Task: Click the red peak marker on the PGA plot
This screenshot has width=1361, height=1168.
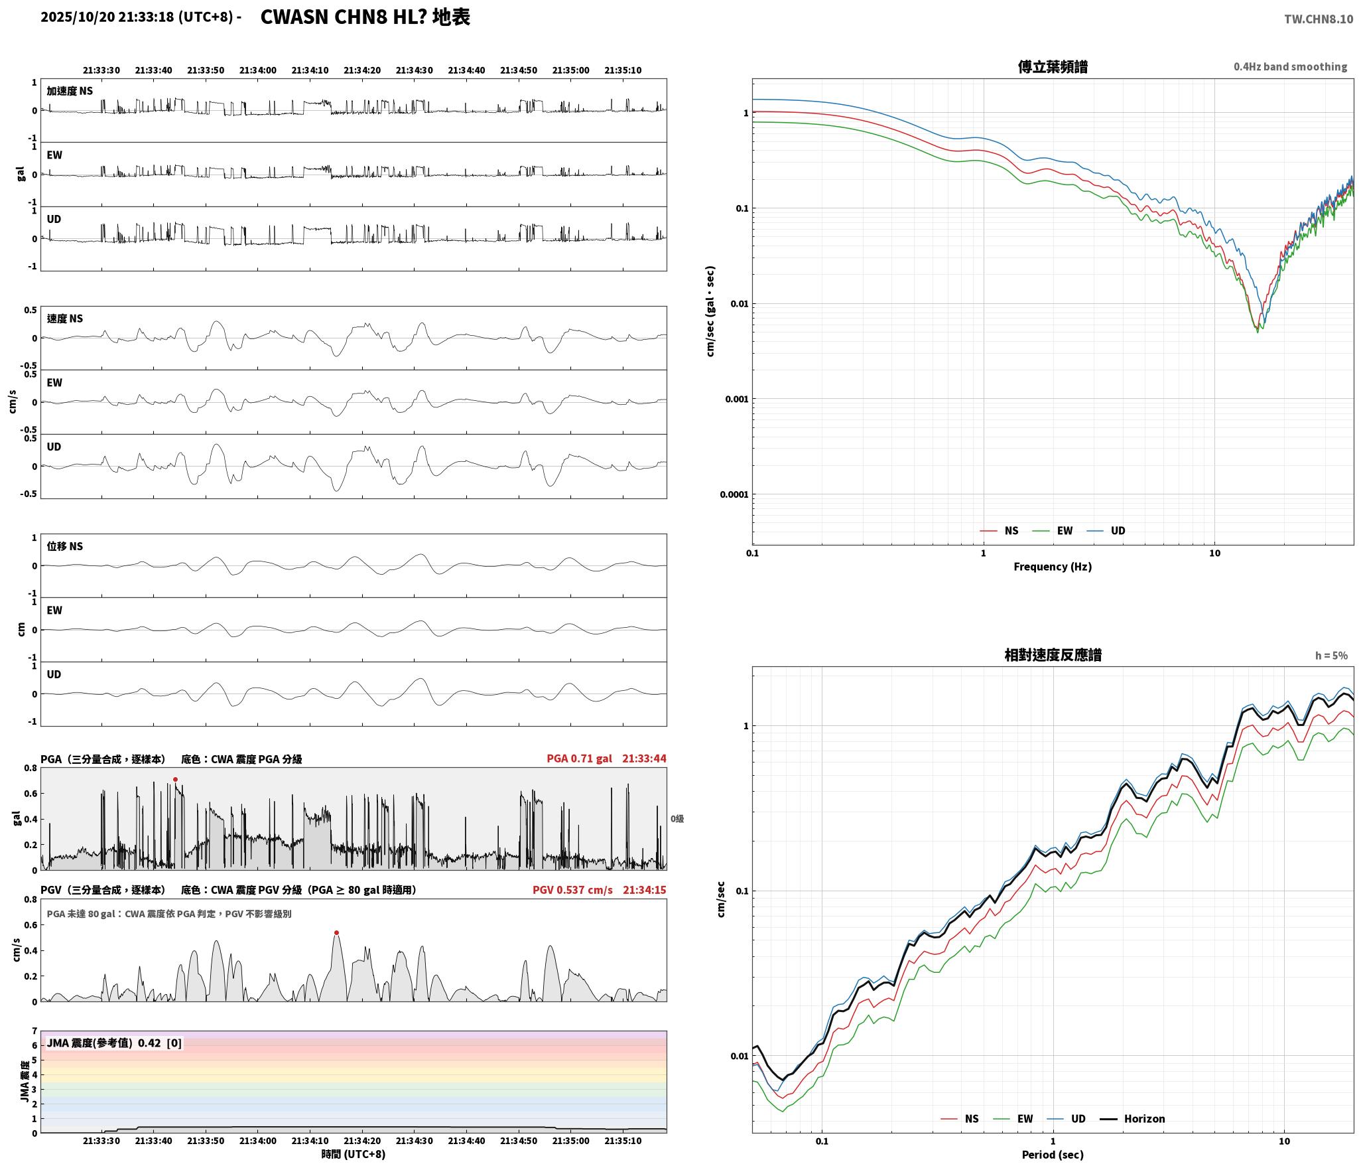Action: tap(175, 780)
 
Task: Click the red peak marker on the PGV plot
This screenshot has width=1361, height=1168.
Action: tap(336, 933)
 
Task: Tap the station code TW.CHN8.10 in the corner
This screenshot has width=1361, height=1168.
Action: tap(1319, 19)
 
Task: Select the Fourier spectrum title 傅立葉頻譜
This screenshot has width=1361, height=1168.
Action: tap(1053, 66)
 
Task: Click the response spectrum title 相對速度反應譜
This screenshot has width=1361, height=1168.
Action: tap(1053, 655)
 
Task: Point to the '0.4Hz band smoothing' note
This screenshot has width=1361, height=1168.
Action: tap(1290, 67)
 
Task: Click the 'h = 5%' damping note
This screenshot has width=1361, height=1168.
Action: tap(1331, 656)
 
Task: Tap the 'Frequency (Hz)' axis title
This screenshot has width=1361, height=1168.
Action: tap(1053, 567)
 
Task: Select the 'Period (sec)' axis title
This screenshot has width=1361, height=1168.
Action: tap(1053, 1155)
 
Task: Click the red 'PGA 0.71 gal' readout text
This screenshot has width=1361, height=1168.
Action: tap(579, 759)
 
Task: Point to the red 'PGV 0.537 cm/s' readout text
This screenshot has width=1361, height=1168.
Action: tap(572, 889)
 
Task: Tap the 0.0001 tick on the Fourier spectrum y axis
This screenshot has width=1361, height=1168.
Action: tap(734, 494)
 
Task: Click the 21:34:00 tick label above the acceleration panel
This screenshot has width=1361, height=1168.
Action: tap(257, 70)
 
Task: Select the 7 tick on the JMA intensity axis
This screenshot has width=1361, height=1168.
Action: tap(34, 1031)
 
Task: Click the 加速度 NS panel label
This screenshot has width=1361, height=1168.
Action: tap(70, 91)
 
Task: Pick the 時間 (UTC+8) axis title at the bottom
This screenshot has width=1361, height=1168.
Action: tap(354, 1154)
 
